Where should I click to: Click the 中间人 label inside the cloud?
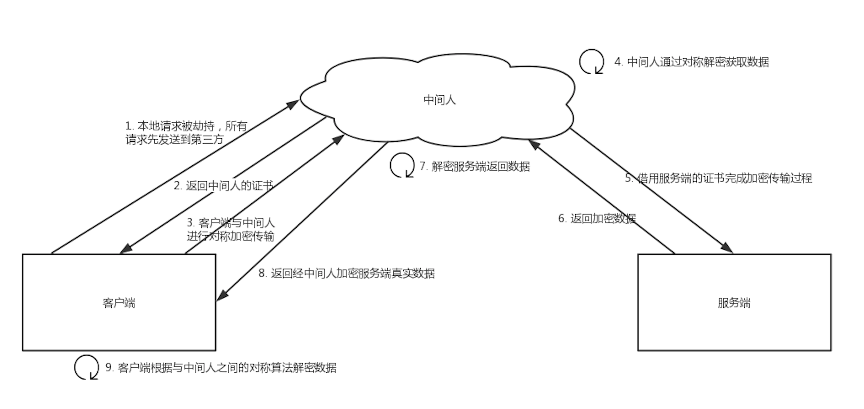439,100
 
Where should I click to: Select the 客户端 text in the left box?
119,303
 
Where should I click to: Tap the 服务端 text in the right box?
734,303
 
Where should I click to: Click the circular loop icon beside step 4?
592,62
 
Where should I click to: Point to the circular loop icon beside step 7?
402,165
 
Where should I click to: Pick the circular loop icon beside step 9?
87,367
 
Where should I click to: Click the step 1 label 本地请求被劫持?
186,132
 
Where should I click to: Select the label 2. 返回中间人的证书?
223,186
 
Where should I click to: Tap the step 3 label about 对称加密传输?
231,229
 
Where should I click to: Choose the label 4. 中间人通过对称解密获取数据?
692,62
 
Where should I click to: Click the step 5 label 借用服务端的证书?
718,178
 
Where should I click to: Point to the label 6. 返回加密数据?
597,218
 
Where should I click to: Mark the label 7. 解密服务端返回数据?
475,166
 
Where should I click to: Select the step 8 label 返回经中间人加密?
346,273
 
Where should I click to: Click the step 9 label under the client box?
221,368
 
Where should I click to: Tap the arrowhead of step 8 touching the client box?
222,296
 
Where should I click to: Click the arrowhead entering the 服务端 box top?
727,248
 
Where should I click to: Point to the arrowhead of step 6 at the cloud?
534,145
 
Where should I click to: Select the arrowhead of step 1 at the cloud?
293,104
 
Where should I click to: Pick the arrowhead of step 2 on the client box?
126,249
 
